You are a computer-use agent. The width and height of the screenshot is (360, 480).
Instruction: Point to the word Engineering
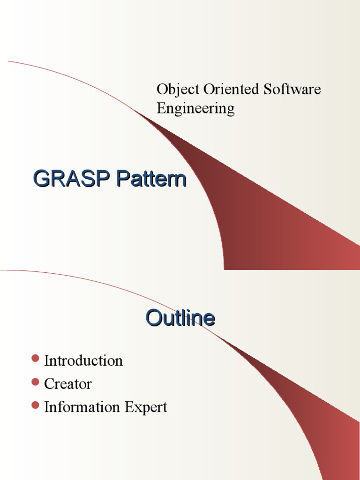195,109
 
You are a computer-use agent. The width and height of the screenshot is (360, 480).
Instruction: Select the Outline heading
180,318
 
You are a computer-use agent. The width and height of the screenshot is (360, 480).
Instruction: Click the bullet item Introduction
83,360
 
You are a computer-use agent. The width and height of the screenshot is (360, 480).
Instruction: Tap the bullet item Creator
68,384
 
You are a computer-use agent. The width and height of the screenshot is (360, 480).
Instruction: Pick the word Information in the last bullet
82,407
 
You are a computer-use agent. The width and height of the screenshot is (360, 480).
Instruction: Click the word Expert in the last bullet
146,408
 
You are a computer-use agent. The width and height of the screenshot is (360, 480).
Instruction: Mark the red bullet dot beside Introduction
35,359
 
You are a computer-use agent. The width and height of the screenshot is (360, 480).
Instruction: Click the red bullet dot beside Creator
35,382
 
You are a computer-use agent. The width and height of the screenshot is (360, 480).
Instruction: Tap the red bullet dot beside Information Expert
35,406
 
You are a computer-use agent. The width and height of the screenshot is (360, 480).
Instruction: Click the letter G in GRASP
41,179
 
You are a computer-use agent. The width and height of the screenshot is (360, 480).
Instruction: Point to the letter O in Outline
154,318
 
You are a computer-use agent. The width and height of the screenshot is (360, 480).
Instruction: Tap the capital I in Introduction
46,360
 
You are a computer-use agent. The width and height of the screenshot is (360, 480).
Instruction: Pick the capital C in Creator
49,384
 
